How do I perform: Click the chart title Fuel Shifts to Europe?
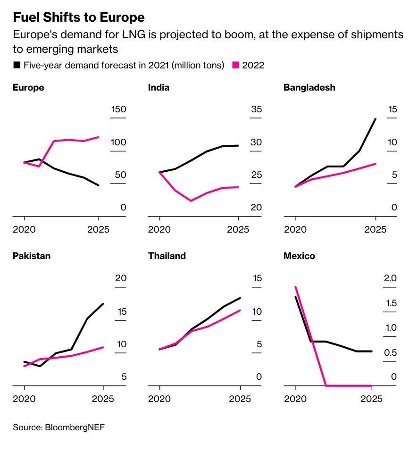pyautogui.click(x=78, y=17)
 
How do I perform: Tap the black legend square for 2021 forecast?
pyautogui.click(x=17, y=65)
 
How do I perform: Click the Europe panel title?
pyautogui.click(x=28, y=87)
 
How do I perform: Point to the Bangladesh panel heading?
pyautogui.click(x=309, y=87)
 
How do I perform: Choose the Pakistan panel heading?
pyautogui.click(x=31, y=256)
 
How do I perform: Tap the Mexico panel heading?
pyautogui.click(x=299, y=256)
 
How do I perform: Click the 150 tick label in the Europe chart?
pyautogui.click(x=118, y=109)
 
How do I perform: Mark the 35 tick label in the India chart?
pyautogui.click(x=256, y=109)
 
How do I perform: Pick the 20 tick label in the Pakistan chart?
pyautogui.click(x=121, y=278)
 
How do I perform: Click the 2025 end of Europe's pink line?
pyautogui.click(x=99, y=137)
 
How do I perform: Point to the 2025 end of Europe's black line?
pyautogui.click(x=99, y=185)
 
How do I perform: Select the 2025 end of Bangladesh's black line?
pyautogui.click(x=375, y=119)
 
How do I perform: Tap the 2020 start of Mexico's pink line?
pyautogui.click(x=296, y=286)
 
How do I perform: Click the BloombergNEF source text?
pyautogui.click(x=59, y=427)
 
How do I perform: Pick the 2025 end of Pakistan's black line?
pyautogui.click(x=103, y=304)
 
